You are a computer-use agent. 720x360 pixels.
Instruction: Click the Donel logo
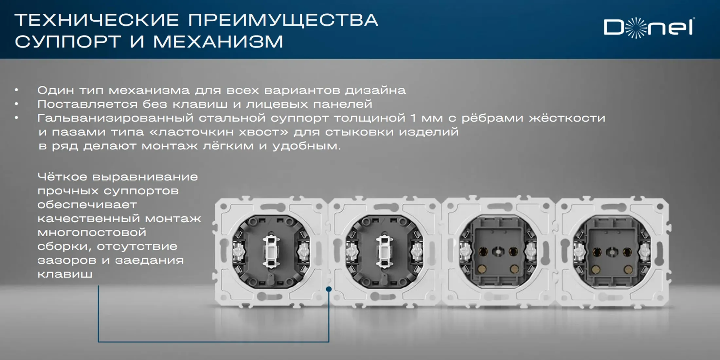[x=649, y=28]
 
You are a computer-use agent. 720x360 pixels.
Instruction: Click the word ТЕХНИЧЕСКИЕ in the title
[x=97, y=20]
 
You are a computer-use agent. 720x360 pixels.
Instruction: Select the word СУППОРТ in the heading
[x=68, y=42]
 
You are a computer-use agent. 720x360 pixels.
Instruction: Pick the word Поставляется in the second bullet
[x=87, y=104]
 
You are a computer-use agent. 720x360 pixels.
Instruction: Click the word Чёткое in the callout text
[x=62, y=177]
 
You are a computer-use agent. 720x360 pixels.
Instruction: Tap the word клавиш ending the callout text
[x=65, y=274]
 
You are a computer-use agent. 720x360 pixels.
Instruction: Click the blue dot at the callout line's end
[x=329, y=289]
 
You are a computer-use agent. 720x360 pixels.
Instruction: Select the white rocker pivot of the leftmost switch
[x=271, y=251]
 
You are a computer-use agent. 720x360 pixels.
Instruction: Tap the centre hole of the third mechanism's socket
[x=498, y=252]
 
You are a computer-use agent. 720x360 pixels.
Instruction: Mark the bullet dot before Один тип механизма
[x=16, y=90]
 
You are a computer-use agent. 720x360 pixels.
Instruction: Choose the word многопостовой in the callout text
[x=92, y=232]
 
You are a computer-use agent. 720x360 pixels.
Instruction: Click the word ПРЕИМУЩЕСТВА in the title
[x=283, y=20]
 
